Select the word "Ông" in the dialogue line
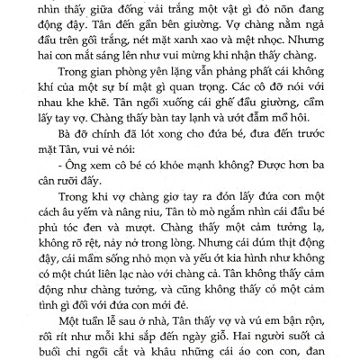[x=76, y=220]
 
